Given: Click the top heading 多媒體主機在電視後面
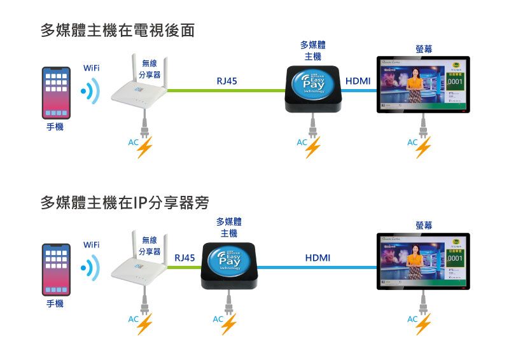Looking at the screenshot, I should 117,30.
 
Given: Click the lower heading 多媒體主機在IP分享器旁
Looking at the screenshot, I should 125,203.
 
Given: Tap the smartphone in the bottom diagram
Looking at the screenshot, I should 56,268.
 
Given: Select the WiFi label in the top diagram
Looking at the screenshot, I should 91,68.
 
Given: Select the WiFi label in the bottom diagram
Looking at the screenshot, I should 91,245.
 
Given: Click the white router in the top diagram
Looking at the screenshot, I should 142,94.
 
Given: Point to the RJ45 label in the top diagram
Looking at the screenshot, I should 227,81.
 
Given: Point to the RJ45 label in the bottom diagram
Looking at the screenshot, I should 185,258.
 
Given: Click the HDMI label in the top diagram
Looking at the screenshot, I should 358,81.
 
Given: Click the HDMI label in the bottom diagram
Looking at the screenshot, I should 317,258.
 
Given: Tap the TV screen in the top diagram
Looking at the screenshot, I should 422,85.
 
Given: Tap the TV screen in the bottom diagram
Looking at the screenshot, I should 422,261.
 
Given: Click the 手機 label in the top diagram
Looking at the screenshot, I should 55,128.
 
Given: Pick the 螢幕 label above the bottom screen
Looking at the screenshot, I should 424,225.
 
